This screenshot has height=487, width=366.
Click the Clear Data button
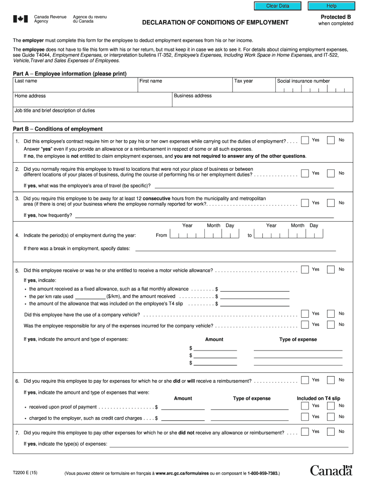278,6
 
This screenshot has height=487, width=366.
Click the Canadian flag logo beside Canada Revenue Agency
20,19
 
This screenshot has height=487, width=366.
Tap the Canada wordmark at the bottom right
331,470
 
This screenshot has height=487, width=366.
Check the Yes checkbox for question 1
305,141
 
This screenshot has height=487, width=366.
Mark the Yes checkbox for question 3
305,203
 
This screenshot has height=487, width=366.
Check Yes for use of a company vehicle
305,314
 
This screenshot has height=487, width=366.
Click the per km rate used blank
90,296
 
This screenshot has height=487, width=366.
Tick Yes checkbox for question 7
305,432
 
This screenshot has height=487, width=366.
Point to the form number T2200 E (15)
26,473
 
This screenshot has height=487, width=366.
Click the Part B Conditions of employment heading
58,129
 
